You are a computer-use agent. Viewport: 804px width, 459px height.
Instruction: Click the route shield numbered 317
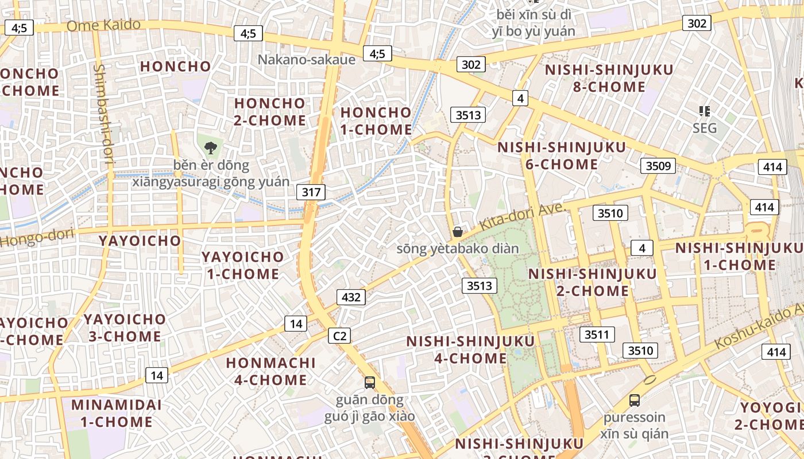click(x=311, y=192)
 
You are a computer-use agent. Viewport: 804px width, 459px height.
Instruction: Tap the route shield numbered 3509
click(x=658, y=166)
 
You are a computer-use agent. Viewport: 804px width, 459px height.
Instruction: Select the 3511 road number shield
click(x=597, y=334)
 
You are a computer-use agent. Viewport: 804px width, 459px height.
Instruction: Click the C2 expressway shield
click(x=339, y=336)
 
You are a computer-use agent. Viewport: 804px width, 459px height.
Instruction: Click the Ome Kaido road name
click(x=103, y=25)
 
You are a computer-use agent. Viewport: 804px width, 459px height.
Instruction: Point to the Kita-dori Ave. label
click(x=520, y=217)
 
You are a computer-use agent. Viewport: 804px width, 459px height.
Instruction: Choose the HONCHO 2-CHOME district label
click(x=269, y=112)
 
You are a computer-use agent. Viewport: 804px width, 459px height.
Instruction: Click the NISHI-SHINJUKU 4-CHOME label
click(x=470, y=349)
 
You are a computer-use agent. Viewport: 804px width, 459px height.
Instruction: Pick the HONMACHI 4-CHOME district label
click(x=270, y=371)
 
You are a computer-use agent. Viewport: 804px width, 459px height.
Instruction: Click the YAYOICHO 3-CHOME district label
click(x=125, y=328)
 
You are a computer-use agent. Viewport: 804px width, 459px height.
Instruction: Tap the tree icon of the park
click(x=211, y=147)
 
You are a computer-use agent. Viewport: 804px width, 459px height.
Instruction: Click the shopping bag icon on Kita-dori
click(x=458, y=232)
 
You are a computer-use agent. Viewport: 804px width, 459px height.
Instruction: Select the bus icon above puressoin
click(x=634, y=400)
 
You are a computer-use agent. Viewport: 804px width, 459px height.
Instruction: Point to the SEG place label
click(x=704, y=127)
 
